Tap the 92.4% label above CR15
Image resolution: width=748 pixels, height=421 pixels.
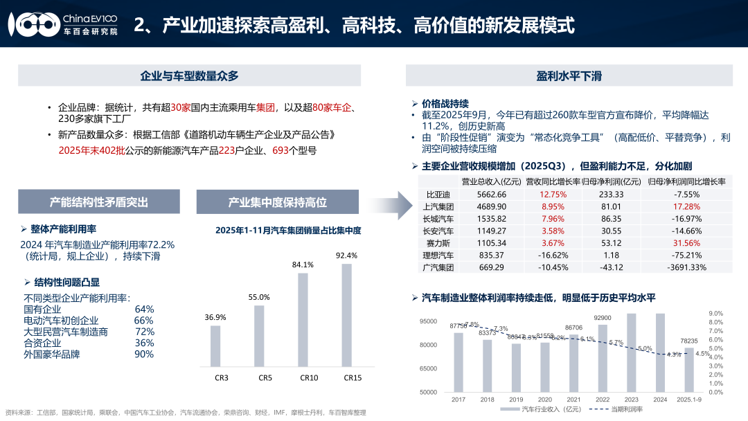[346, 256]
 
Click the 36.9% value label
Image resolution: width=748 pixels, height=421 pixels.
[215, 317]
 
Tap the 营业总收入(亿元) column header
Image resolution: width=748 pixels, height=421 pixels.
[491, 181]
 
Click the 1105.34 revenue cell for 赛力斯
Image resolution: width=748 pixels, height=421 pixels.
[492, 243]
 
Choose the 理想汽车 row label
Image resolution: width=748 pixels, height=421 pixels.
[438, 256]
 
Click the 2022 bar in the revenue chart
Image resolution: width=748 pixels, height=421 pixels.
[602, 358]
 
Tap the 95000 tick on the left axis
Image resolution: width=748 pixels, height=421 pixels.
[429, 321]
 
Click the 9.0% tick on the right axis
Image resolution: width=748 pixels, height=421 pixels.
[716, 314]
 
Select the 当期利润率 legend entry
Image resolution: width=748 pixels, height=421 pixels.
[626, 409]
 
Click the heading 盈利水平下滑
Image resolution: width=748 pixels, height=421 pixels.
[569, 76]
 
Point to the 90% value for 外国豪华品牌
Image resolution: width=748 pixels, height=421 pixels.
[144, 354]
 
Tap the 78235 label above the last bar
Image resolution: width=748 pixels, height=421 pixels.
[688, 341]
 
